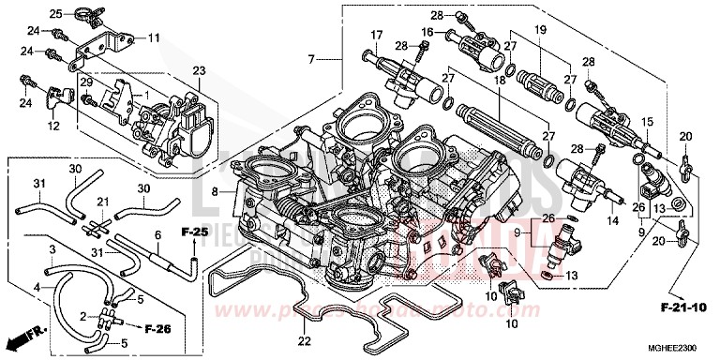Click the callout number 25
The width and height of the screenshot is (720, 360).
point(56,14)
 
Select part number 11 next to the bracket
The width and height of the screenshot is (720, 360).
point(154,37)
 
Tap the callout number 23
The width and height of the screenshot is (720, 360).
point(198,70)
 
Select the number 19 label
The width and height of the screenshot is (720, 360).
point(539,31)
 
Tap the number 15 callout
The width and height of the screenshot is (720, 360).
point(646,123)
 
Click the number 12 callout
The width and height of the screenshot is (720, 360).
point(54,126)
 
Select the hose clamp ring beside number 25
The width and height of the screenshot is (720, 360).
point(82,13)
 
